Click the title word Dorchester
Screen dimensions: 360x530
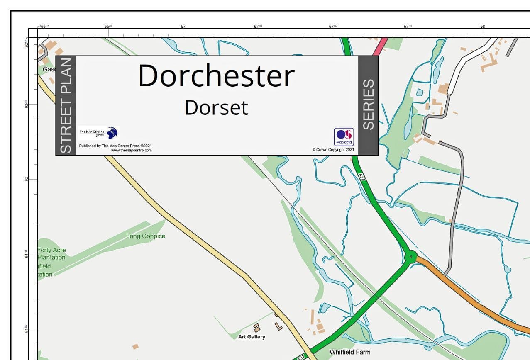pyautogui.click(x=216, y=76)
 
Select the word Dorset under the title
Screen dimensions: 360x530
pyautogui.click(x=216, y=107)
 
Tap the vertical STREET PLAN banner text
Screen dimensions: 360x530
pyautogui.click(x=66, y=106)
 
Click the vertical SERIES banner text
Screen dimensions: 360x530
pyautogui.click(x=368, y=105)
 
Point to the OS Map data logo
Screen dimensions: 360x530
pyautogui.click(x=344, y=136)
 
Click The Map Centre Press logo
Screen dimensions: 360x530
pyautogui.click(x=99, y=133)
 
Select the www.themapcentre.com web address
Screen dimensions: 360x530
pyautogui.click(x=131, y=150)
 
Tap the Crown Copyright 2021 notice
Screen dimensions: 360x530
pyautogui.click(x=333, y=150)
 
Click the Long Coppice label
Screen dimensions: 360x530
pyautogui.click(x=146, y=236)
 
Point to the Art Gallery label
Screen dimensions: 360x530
pyautogui.click(x=252, y=337)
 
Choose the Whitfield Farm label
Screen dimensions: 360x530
pyautogui.click(x=349, y=352)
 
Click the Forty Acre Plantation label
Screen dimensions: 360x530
pyautogui.click(x=51, y=253)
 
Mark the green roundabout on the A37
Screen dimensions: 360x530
pyautogui.click(x=410, y=257)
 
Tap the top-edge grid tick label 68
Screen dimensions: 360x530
pyautogui.click(x=483, y=27)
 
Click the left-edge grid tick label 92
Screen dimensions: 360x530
pyautogui.click(x=27, y=179)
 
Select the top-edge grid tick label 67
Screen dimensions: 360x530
pyautogui.click(x=183, y=27)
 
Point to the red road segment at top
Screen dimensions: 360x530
pyautogui.click(x=381, y=47)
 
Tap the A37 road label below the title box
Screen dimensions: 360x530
pyautogui.click(x=361, y=177)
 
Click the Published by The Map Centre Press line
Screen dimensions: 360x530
pyautogui.click(x=115, y=146)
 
